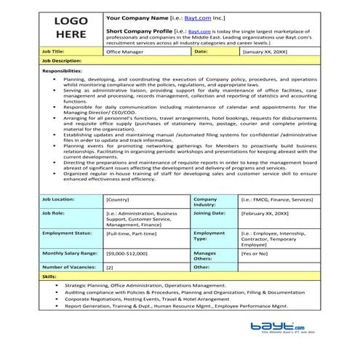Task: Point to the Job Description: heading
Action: [62, 61]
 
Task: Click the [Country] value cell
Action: [118, 199]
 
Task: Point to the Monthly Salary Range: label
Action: [71, 252]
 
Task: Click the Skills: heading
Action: [49, 277]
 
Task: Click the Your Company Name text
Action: [135, 15]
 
